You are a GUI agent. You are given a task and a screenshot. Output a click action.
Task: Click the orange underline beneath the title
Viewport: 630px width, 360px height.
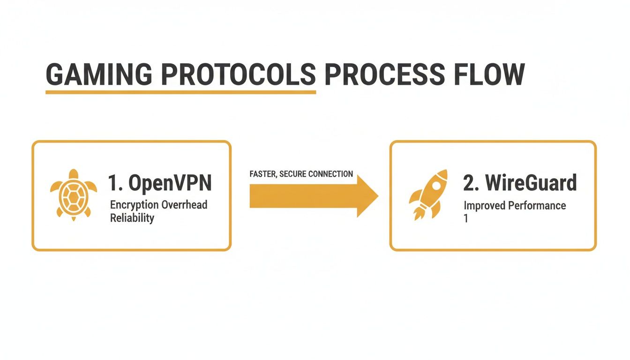click(x=180, y=92)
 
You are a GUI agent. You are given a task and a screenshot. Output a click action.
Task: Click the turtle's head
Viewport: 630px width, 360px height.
click(x=74, y=174)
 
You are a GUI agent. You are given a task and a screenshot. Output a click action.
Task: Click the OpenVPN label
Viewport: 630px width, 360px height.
click(x=170, y=183)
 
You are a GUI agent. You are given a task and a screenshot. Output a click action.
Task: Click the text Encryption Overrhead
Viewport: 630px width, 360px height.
click(x=158, y=205)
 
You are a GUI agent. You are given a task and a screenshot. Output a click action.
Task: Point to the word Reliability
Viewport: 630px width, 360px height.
click(x=132, y=218)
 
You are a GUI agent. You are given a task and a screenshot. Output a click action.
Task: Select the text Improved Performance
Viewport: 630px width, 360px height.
click(x=515, y=206)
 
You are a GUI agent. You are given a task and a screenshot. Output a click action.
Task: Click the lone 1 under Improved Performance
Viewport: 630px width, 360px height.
click(x=465, y=218)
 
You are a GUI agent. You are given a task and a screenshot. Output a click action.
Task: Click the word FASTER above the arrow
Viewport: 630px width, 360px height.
click(x=263, y=174)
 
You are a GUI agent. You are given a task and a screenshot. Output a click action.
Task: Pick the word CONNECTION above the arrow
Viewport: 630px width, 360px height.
click(x=330, y=174)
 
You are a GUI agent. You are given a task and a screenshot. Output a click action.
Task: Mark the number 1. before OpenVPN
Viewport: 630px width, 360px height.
click(x=115, y=183)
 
